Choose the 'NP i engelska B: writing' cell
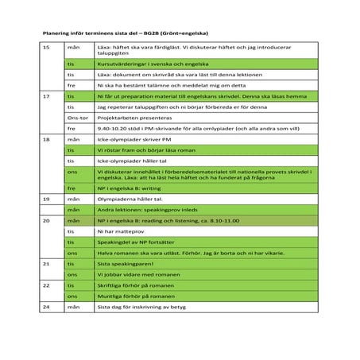(x=134, y=188)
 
